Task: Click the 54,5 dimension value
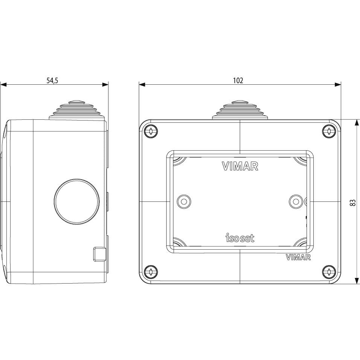[x=52, y=80]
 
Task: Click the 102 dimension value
[x=238, y=80]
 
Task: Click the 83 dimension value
[x=352, y=202]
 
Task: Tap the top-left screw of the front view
[x=151, y=131]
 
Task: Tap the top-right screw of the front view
[x=329, y=131]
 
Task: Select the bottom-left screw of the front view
[x=151, y=272]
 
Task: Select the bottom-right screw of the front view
[x=329, y=272]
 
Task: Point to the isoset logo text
[x=240, y=238]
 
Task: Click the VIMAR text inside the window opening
[x=240, y=166]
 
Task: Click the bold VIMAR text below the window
[x=298, y=258]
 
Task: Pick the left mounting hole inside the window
[x=184, y=201]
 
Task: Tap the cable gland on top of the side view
[x=77, y=110]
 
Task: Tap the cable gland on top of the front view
[x=240, y=110]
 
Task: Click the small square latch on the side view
[x=99, y=254]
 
